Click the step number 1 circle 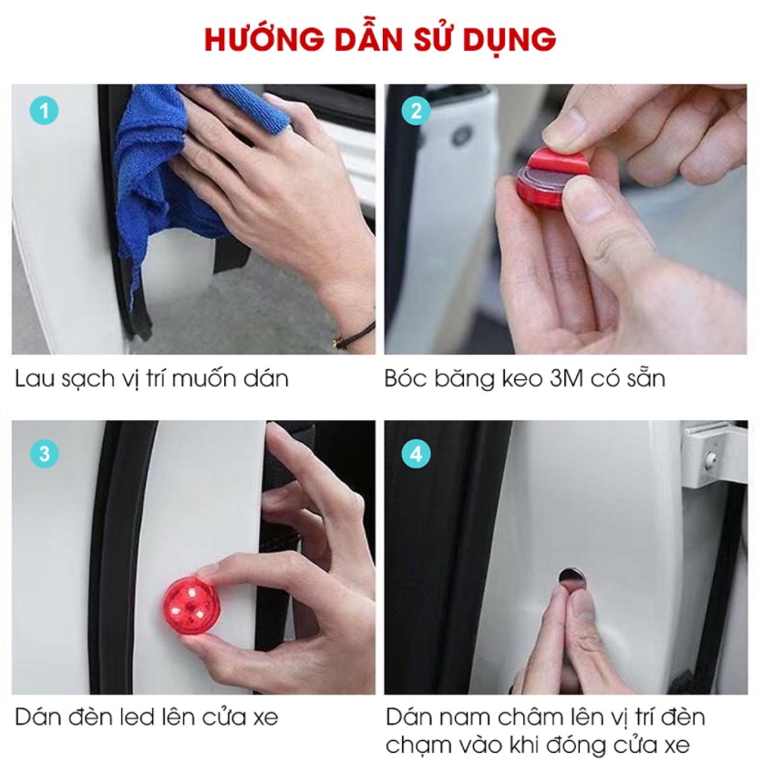pyautogui.click(x=45, y=110)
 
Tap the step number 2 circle pyautogui.click(x=416, y=110)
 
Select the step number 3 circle pyautogui.click(x=45, y=454)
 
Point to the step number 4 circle pyautogui.click(x=416, y=454)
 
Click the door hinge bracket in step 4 pyautogui.click(x=715, y=454)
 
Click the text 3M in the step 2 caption pyautogui.click(x=566, y=378)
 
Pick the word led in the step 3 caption pyautogui.click(x=166, y=717)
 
